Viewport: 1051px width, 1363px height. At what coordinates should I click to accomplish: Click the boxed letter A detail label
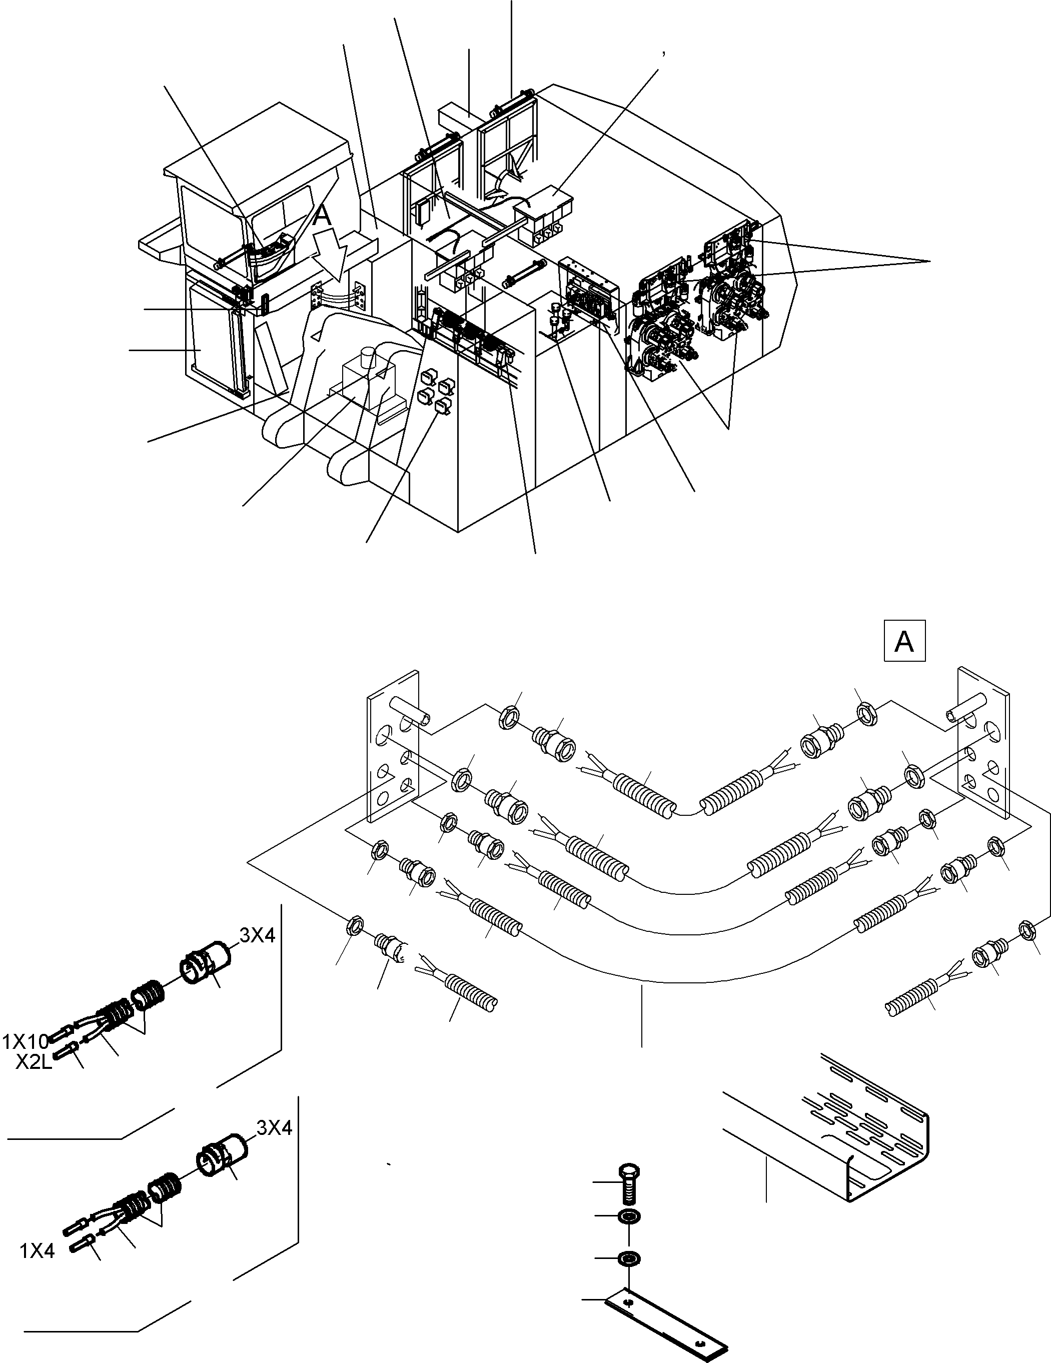coord(904,640)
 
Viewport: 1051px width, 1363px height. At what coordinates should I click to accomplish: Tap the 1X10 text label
coord(26,1041)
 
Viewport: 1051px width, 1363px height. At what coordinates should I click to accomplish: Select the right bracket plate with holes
coord(983,742)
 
